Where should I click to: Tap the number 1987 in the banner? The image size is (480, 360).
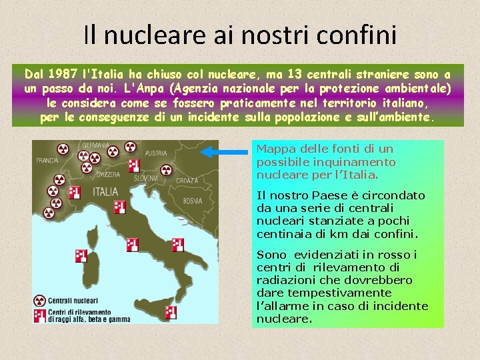pyautogui.click(x=64, y=73)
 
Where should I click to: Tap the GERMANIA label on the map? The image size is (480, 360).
pyautogui.click(x=96, y=145)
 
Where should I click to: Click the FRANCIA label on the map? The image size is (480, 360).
pyautogui.click(x=47, y=160)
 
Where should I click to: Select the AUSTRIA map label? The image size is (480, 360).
pyautogui.click(x=155, y=153)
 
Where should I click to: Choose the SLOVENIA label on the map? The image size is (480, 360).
pyautogui.click(x=146, y=178)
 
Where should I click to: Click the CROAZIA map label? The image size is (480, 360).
pyautogui.click(x=186, y=181)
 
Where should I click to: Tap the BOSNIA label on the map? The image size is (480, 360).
pyautogui.click(x=192, y=200)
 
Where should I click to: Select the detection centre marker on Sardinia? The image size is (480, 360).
pyautogui.click(x=81, y=255)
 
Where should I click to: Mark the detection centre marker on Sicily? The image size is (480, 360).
pyautogui.click(x=171, y=311)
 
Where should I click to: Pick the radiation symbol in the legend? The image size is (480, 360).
pyautogui.click(x=40, y=301)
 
